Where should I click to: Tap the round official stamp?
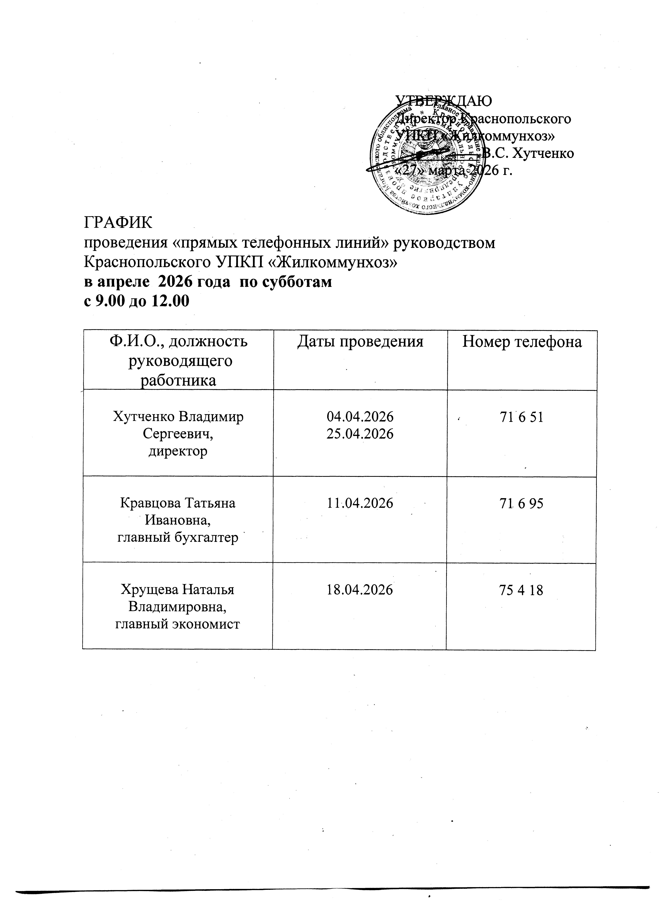427,160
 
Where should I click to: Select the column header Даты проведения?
360,342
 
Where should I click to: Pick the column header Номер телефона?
522,342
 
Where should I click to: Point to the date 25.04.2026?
360,434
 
